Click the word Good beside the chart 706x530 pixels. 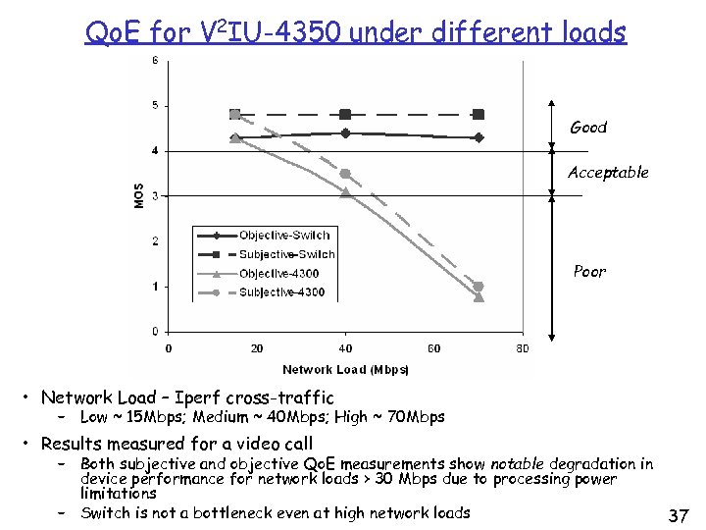tap(588, 128)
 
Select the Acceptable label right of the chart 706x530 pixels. tap(608, 173)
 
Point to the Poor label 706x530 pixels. tap(589, 271)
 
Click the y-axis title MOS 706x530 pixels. tap(139, 195)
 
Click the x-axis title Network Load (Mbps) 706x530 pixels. tap(345, 370)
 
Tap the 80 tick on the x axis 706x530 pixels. tap(523, 348)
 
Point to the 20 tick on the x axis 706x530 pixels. tap(257, 348)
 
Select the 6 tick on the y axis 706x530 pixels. tap(155, 61)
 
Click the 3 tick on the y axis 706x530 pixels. tap(155, 195)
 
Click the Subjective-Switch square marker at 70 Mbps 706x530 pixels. tap(479, 114)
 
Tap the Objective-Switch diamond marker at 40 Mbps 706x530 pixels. tap(345, 133)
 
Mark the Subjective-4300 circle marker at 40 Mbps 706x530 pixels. tap(345, 174)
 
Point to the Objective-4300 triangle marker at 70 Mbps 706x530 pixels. tap(479, 296)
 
